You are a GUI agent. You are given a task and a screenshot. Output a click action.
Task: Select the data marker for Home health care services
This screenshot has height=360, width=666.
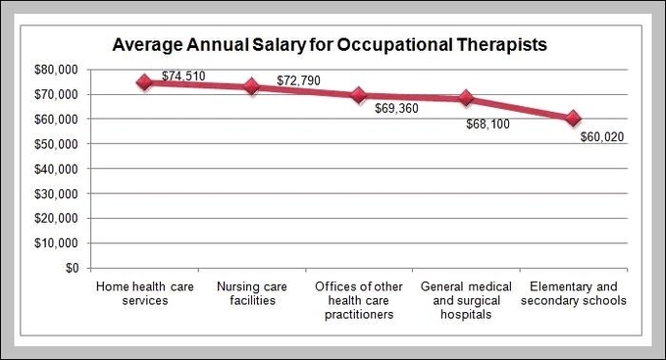coord(145,82)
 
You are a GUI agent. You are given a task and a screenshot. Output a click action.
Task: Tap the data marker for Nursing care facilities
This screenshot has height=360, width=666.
coord(252,86)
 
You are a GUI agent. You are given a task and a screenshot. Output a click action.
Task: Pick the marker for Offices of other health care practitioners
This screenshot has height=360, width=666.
coord(359,95)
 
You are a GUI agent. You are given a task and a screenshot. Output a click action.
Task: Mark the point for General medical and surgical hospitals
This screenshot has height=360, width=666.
coord(466,98)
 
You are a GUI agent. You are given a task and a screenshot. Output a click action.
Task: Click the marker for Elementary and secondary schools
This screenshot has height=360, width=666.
coord(573,119)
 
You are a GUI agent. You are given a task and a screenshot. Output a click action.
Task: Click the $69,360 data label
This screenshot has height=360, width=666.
coord(396,108)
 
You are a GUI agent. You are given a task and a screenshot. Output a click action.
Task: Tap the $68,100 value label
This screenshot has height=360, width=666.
coord(488,125)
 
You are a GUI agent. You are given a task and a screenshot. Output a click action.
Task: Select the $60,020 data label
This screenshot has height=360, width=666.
coord(601,137)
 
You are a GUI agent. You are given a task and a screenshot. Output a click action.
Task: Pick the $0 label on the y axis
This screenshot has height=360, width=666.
coord(72,268)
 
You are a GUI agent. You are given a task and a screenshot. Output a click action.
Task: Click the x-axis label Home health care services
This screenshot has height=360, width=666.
coord(145,293)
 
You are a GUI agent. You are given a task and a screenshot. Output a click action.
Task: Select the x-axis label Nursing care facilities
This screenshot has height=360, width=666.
coord(252,293)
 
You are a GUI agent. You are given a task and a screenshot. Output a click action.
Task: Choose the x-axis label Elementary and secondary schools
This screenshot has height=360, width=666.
coord(573,293)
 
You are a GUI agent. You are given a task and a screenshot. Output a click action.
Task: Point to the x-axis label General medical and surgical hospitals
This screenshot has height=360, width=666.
coord(466,300)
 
